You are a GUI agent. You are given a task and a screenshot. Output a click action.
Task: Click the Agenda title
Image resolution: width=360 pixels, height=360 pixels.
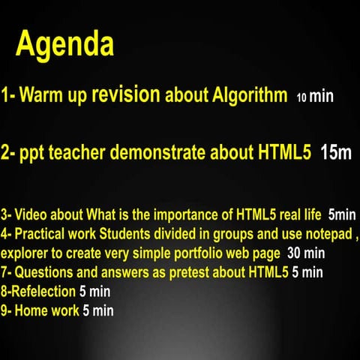[65, 45]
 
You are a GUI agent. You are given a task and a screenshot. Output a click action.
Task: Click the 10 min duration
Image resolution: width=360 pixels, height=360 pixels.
[315, 97]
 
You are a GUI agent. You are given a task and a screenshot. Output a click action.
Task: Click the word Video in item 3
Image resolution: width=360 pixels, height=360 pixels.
[31, 213]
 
